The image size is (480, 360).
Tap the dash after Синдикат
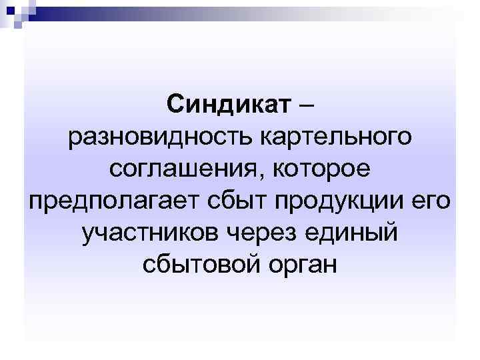pyautogui.click(x=305, y=105)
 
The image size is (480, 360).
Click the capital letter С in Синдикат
pyautogui.click(x=174, y=104)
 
